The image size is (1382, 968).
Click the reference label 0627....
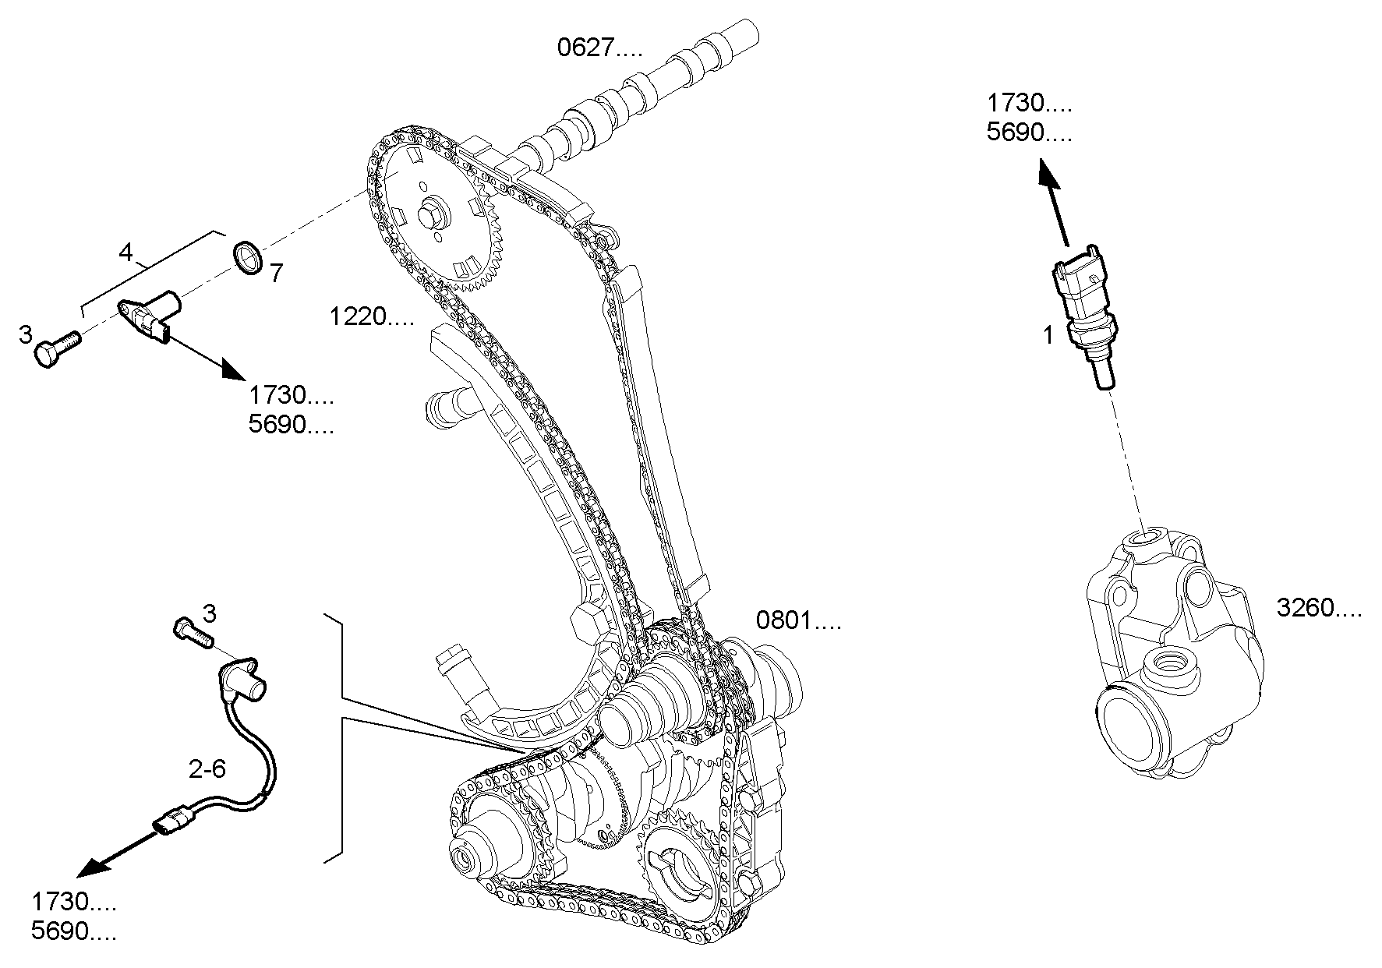pos(599,49)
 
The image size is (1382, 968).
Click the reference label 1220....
pos(371,317)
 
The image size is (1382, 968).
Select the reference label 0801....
pos(799,621)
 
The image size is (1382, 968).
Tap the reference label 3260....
pos(1319,608)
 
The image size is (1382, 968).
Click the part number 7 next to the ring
pos(276,273)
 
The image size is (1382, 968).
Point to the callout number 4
pos(126,252)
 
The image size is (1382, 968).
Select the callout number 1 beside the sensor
pos(1048,336)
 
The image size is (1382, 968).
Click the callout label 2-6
pos(207,769)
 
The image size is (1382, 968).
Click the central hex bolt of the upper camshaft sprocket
pos(431,215)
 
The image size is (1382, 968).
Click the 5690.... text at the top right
pos(1029,133)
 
